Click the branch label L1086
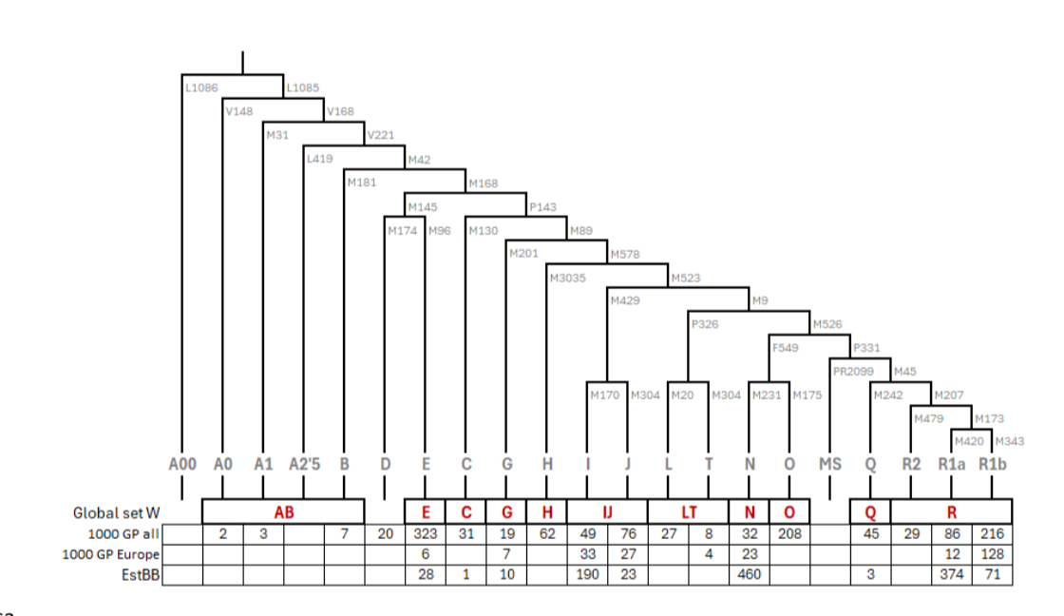coord(201,87)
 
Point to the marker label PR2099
coord(853,372)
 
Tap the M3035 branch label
coord(567,278)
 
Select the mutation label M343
coord(1009,441)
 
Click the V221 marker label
coord(381,135)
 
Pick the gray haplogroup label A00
coord(181,465)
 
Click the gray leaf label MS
coord(830,465)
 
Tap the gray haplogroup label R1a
coord(951,465)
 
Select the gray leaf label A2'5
coord(304,465)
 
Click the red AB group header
coord(284,512)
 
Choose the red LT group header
coord(689,512)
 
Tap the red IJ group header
coord(607,512)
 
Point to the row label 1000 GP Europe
coord(110,554)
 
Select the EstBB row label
coord(141,574)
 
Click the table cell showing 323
coord(426,534)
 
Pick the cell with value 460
coord(750,574)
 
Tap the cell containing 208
coord(789,534)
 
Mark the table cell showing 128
coord(992,554)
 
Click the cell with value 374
coord(951,574)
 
